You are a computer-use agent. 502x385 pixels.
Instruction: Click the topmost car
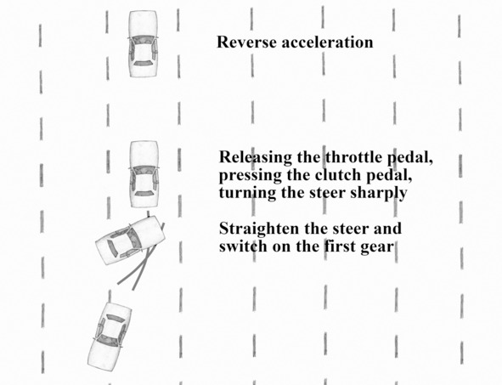point(143,44)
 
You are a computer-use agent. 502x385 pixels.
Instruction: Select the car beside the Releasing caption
point(144,174)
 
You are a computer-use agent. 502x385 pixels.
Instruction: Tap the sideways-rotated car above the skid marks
point(130,240)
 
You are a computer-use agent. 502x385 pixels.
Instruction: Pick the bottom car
point(110,337)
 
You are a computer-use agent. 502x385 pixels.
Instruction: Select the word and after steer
point(387,229)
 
